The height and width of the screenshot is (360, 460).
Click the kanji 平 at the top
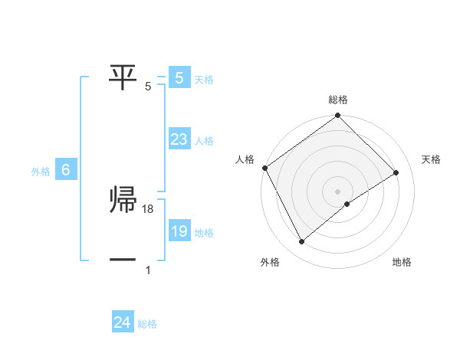click(123, 75)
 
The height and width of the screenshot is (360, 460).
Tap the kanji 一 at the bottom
click(123, 260)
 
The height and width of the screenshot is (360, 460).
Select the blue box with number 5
click(179, 77)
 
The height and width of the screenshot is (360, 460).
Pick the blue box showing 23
click(179, 139)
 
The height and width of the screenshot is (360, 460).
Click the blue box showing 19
click(179, 231)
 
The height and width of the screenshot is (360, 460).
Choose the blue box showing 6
click(66, 171)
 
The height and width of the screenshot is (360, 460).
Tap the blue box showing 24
click(122, 322)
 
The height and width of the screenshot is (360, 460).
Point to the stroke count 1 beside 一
click(147, 270)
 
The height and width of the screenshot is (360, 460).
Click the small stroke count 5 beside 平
click(148, 86)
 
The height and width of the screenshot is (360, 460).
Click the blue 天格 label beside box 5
click(204, 79)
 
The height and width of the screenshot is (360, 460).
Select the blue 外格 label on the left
click(41, 172)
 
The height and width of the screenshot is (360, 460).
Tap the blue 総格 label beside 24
click(147, 324)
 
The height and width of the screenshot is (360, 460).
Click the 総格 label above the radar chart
click(338, 100)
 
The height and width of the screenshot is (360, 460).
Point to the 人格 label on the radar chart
click(245, 159)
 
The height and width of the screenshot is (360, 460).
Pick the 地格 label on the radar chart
click(402, 262)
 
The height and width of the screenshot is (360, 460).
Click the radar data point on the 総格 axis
click(338, 116)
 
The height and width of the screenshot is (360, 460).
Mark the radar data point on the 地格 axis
click(347, 204)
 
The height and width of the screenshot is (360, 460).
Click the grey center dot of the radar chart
click(338, 191)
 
